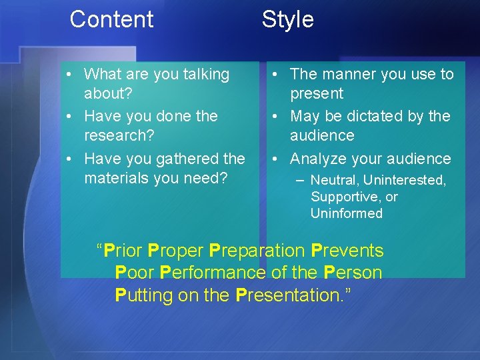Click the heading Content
coord(111,19)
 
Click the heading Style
coord(287,19)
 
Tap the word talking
coord(200,74)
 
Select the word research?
coord(117,135)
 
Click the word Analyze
coord(321,159)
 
